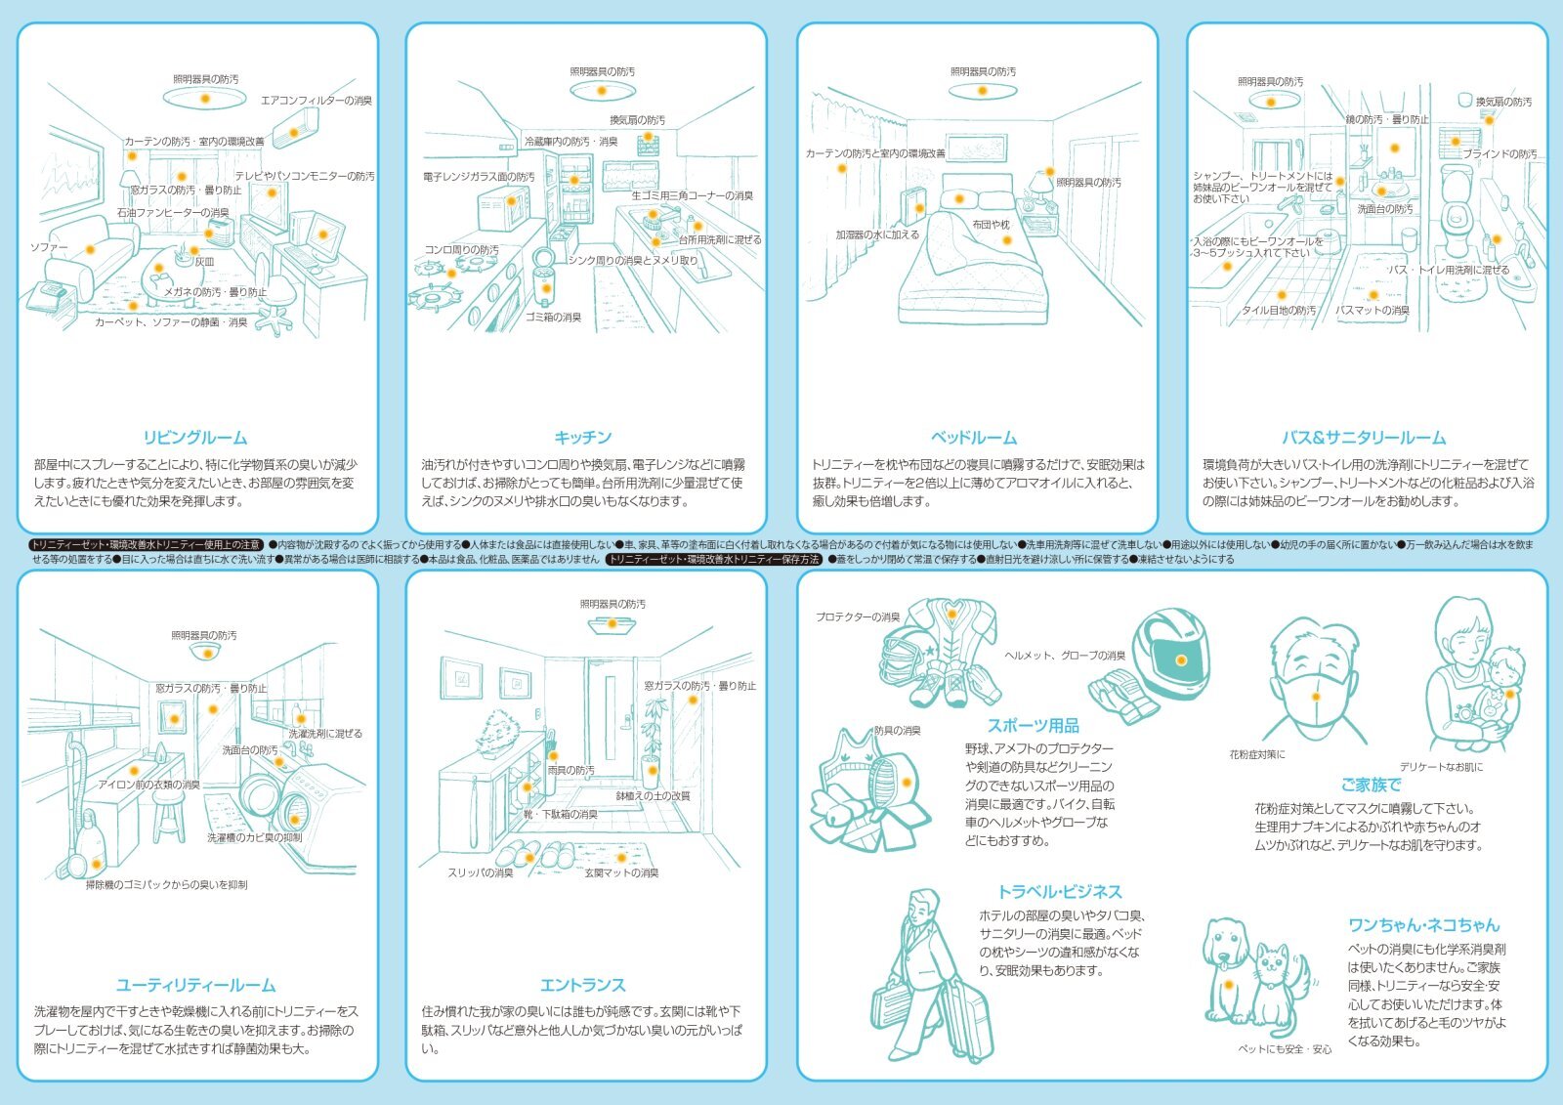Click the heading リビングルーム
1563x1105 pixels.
click(195, 438)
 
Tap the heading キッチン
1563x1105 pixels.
click(583, 438)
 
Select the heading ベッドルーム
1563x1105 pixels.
click(974, 438)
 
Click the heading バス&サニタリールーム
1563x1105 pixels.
click(1364, 438)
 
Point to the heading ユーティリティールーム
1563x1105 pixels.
click(195, 985)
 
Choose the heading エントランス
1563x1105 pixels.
click(583, 985)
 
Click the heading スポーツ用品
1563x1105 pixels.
click(1033, 726)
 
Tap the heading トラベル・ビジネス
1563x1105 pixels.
click(1059, 892)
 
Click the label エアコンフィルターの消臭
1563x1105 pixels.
click(317, 101)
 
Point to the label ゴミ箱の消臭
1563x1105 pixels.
click(554, 318)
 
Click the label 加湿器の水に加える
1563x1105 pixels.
click(877, 235)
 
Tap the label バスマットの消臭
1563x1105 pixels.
click(1373, 311)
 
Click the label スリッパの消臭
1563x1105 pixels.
click(481, 873)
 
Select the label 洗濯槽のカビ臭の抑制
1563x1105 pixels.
click(254, 838)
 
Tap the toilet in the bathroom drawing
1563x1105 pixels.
click(1458, 200)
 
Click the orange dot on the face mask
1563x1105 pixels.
click(1316, 697)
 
